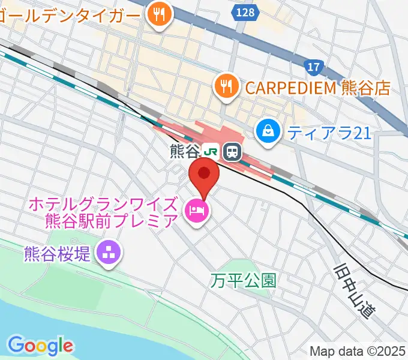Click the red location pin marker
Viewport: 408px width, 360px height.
coord(205,175)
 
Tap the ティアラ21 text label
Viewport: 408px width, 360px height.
coord(329,132)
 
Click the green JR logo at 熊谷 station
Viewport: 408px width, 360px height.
coord(210,152)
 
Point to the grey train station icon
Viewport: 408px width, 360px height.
coord(231,152)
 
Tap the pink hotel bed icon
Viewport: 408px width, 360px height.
coord(196,210)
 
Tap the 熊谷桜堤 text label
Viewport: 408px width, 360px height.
coord(58,253)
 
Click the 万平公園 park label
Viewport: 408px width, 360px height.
coord(244,280)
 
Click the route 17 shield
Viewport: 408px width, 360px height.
coord(313,67)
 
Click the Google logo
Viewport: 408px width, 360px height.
coord(40,346)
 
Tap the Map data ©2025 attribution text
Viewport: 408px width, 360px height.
coord(357,350)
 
